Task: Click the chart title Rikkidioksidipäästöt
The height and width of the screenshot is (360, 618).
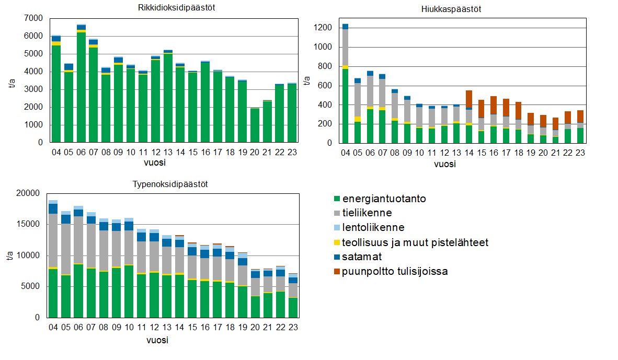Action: [170, 8]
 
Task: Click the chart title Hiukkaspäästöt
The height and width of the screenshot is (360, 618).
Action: [451, 9]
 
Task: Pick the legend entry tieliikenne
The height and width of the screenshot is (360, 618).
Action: [367, 213]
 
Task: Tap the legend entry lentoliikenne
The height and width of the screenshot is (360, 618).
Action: [373, 228]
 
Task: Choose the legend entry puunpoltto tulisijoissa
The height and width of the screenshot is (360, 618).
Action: [395, 271]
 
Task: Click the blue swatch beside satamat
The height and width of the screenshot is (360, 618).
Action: [337, 257]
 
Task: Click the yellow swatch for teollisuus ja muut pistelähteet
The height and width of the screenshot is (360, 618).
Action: [337, 242]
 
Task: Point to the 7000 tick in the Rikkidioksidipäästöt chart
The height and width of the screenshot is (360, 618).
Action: [34, 18]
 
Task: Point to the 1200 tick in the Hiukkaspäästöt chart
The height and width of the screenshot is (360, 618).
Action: [323, 28]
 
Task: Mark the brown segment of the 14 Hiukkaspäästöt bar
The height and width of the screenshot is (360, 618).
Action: [468, 99]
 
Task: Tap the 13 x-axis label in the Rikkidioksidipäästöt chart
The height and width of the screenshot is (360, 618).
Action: [168, 153]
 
